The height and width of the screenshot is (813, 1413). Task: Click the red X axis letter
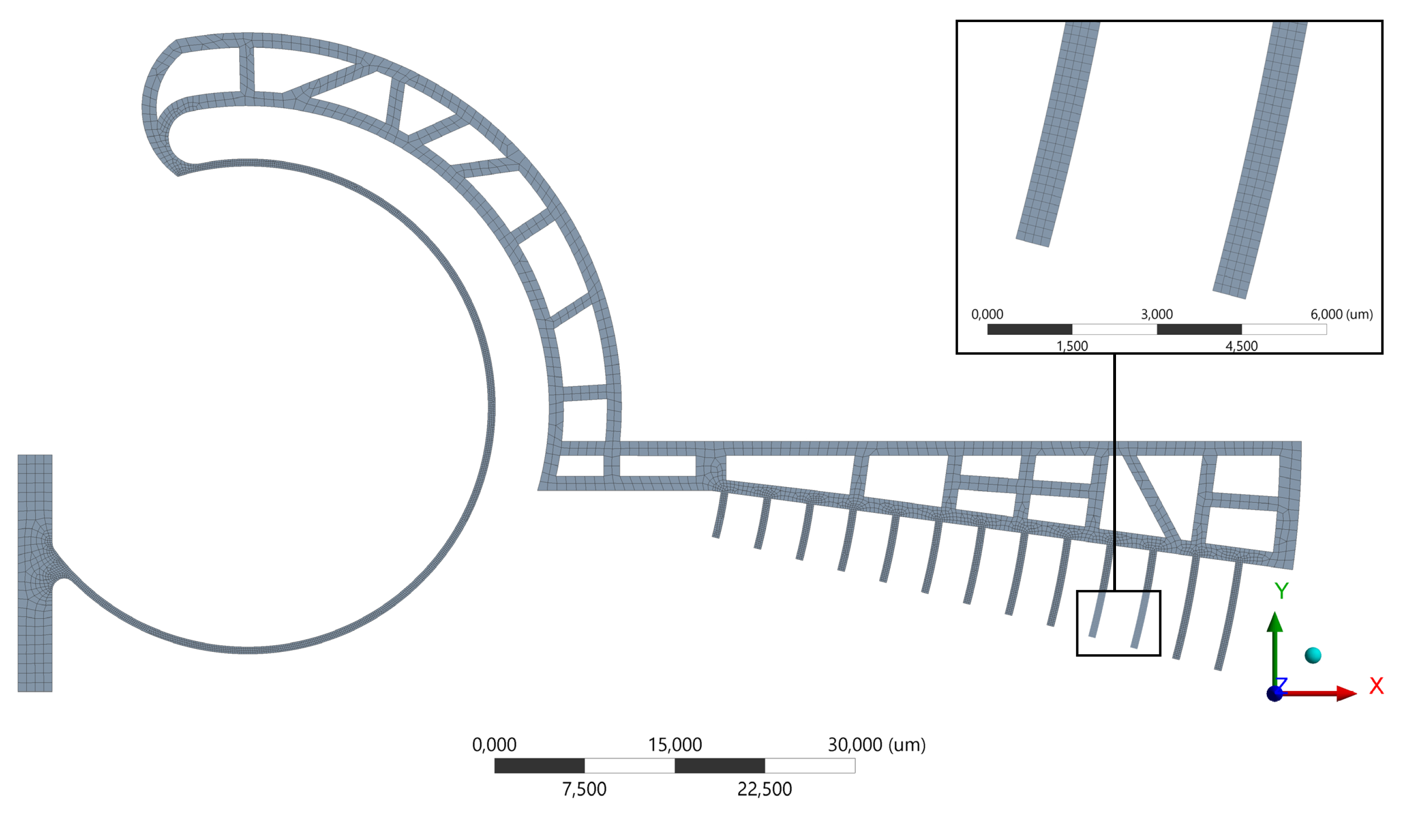[x=1376, y=686]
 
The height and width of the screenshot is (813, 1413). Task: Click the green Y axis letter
[x=1281, y=590]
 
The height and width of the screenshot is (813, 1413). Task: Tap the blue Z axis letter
[x=1282, y=683]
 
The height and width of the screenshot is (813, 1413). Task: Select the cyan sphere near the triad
[x=1313, y=655]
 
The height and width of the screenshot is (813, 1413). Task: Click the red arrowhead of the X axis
[x=1347, y=694]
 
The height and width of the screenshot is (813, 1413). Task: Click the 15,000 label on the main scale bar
[x=675, y=744]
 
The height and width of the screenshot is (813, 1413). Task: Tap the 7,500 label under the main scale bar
[x=584, y=789]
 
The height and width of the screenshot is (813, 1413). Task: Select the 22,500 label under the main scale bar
[x=765, y=789]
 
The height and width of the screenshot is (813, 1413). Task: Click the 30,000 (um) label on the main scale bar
[x=876, y=744]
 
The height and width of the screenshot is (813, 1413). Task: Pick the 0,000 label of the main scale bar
[x=494, y=744]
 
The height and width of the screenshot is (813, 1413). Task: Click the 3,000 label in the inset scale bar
[x=1156, y=314]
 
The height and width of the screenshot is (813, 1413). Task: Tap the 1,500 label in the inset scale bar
[x=1072, y=346]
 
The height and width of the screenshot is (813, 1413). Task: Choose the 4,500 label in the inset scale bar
[x=1241, y=346]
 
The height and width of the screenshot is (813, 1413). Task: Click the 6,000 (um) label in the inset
[x=1342, y=314]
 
